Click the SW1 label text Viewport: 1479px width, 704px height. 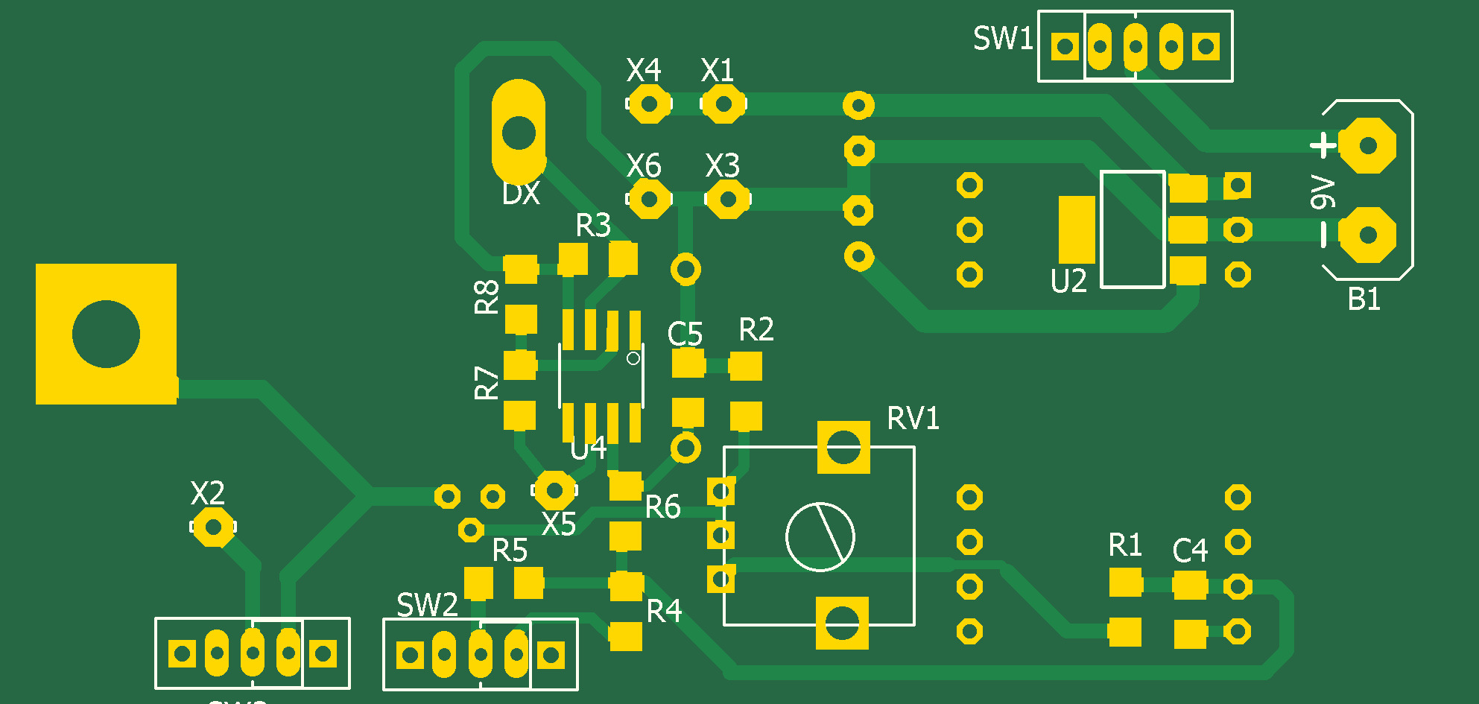coord(1003,39)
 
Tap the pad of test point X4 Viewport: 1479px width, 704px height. coord(648,104)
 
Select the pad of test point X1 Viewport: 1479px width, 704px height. coord(722,104)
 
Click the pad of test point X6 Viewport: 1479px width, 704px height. coord(648,199)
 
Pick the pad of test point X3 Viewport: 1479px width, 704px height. coord(727,199)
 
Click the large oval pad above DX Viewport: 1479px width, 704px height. coord(519,133)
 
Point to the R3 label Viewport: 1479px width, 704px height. coord(593,225)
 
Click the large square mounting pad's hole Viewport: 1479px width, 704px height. coord(106,334)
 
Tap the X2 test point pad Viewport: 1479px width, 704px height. coord(213,527)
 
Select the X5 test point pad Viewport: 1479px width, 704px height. coord(554,489)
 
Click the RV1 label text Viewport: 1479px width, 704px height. coord(913,419)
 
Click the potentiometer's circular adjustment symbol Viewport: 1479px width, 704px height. coord(820,536)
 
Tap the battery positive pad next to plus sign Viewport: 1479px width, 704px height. coord(1368,145)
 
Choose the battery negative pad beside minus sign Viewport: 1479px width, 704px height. coord(1368,235)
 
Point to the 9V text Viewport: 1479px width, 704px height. coord(1323,192)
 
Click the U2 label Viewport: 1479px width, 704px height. coord(1068,282)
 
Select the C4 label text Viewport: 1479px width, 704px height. coord(1190,551)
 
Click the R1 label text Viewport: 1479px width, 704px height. coord(1125,545)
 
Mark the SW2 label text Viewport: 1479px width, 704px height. coord(427,605)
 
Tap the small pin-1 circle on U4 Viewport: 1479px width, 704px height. coord(633,358)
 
